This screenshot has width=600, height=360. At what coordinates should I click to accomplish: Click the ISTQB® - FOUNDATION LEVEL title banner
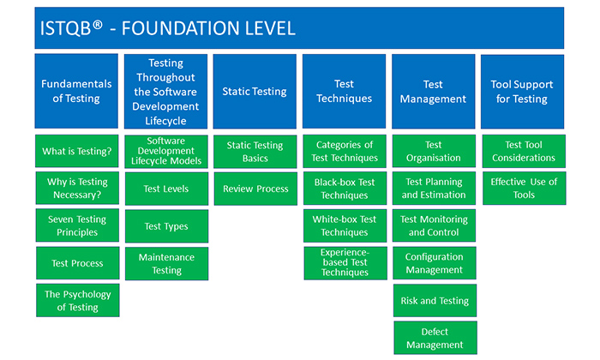coord(299,28)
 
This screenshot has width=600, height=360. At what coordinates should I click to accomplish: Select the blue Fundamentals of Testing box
coord(76,92)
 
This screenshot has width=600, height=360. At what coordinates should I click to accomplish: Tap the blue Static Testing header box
coord(255,92)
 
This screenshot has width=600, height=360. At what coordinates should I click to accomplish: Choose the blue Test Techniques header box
coord(344,92)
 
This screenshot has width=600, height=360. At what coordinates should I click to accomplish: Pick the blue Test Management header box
coord(433,92)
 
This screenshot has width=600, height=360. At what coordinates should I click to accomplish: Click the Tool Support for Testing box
coord(522,92)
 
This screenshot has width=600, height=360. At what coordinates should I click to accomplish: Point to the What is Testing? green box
coord(77,152)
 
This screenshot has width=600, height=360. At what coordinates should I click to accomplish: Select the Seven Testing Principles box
coord(77,225)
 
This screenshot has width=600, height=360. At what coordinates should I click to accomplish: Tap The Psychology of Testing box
coord(77,301)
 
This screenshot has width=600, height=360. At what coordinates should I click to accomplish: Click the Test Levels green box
coord(166,189)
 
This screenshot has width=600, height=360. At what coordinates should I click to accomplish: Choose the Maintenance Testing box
coord(166,263)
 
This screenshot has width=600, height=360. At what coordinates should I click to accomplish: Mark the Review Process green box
coord(255,189)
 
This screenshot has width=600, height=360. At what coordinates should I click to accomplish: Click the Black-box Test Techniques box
coord(344,189)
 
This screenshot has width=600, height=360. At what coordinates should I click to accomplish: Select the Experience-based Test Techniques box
coord(344,263)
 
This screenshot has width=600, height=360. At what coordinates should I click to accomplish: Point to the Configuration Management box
coord(433,263)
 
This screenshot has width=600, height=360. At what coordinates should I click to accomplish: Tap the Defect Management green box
coord(433,338)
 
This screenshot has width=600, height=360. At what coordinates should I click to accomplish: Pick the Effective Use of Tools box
coord(522,189)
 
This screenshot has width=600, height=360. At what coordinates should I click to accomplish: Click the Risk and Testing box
coord(433,301)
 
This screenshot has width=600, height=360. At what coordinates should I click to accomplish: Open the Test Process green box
coord(77,263)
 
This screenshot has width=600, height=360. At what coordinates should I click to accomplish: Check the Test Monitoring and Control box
coord(433,225)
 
